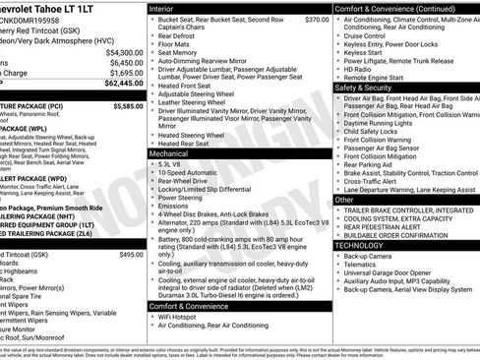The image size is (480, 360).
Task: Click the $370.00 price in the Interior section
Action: [x=317, y=19]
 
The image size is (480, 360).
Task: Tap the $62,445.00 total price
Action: [x=122, y=84]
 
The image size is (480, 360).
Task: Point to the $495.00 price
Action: [x=132, y=254]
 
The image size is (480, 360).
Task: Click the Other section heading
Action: [x=344, y=199]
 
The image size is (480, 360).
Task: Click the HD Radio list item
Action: [x=357, y=69]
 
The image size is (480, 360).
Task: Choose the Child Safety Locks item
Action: [x=375, y=131]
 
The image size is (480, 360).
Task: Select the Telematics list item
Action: [x=362, y=264]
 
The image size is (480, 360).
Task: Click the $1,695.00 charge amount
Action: [x=126, y=72]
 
